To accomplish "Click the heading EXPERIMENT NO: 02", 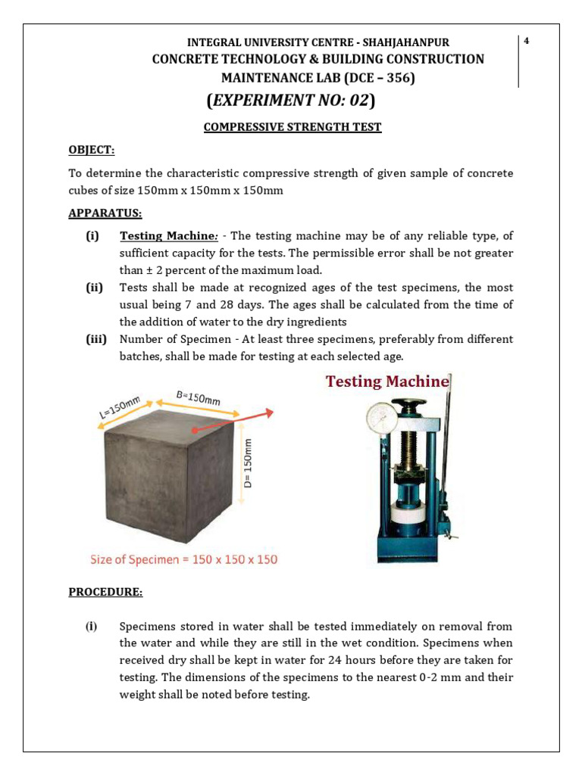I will pyautogui.click(x=291, y=101).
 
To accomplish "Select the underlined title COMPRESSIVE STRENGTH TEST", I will pyautogui.click(x=293, y=127).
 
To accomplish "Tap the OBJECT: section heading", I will pyautogui.click(x=91, y=150).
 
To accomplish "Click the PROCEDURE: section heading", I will pyautogui.click(x=105, y=592).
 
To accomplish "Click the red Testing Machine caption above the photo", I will pyautogui.click(x=387, y=381).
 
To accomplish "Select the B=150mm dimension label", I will pyautogui.click(x=198, y=397).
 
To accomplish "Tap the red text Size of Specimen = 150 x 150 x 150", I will pyautogui.click(x=183, y=560).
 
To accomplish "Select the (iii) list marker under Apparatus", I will pyautogui.click(x=96, y=339).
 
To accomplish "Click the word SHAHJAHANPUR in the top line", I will pyautogui.click(x=410, y=42).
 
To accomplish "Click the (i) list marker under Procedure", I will pyautogui.click(x=92, y=627).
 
